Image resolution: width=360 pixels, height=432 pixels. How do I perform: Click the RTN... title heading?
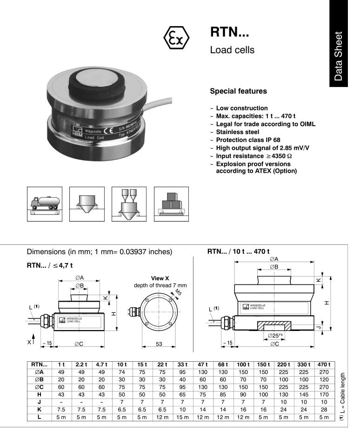pos(230,32)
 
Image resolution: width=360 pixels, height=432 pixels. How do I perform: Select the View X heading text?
pos(160,278)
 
